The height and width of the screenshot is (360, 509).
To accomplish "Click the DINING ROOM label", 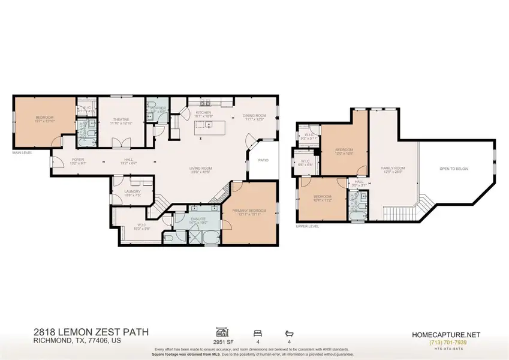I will pyautogui.click(x=254, y=116).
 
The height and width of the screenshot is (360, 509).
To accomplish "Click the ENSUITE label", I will pyautogui.click(x=198, y=219).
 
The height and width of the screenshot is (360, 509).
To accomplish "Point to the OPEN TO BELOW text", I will pyautogui.click(x=453, y=169).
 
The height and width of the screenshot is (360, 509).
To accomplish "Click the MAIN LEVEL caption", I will pyautogui.click(x=22, y=153).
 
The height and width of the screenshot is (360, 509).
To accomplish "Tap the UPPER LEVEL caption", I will pyautogui.click(x=307, y=227).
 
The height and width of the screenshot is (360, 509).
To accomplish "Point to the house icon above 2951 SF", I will pyautogui.click(x=222, y=331).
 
